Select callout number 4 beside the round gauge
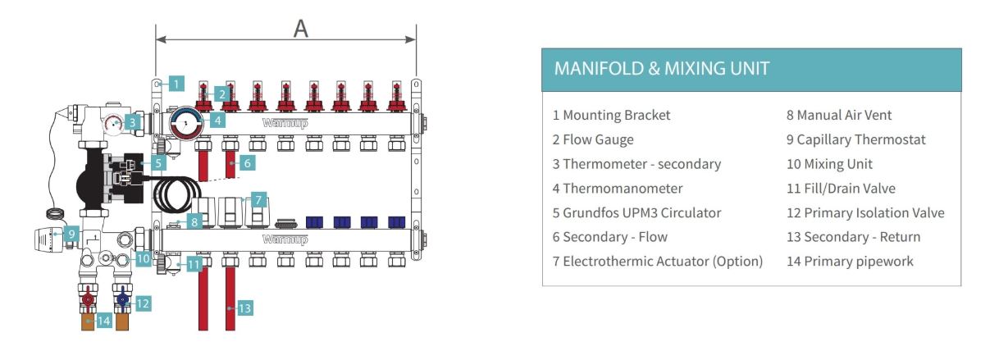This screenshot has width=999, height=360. pyautogui.click(x=217, y=120)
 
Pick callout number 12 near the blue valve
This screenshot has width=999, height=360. pyautogui.click(x=144, y=303)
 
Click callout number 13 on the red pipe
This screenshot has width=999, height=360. pyautogui.click(x=244, y=308)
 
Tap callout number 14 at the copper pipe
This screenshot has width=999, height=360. pyautogui.click(x=103, y=321)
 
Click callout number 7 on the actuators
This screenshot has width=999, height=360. pyautogui.click(x=259, y=199)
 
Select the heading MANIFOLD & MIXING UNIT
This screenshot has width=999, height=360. pyautogui.click(x=662, y=68)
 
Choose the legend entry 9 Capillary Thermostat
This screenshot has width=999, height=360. pyautogui.click(x=855, y=139)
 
